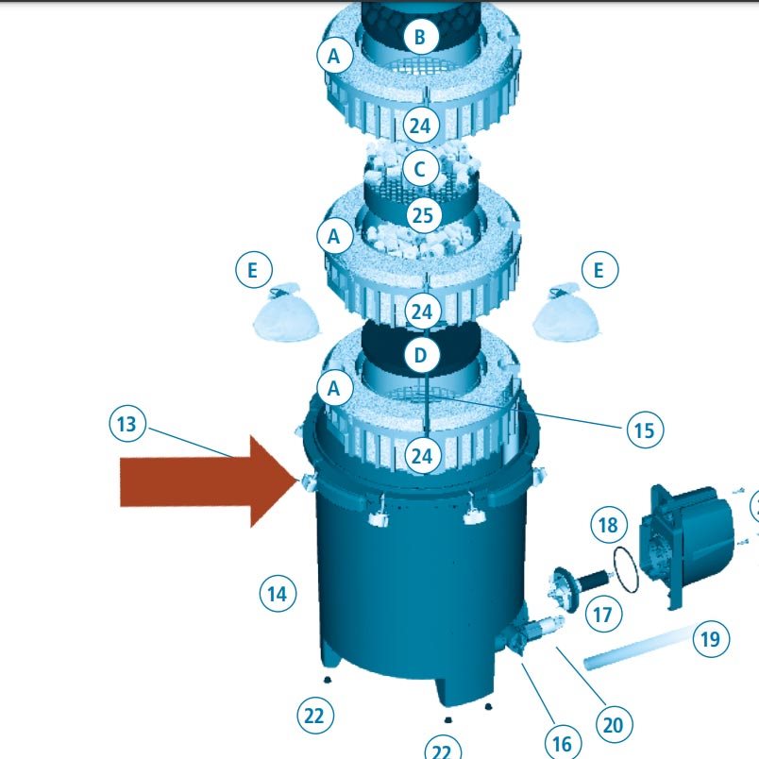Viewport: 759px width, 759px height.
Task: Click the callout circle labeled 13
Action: coord(127,424)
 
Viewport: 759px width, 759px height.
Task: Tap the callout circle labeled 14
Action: coord(278,594)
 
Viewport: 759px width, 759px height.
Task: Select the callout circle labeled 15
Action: coord(645,430)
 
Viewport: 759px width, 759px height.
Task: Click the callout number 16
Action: coord(563,744)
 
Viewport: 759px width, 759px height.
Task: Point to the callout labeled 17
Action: coord(603,615)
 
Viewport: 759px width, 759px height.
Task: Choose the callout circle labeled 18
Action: coord(609,525)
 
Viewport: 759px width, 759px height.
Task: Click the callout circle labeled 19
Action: coord(711,639)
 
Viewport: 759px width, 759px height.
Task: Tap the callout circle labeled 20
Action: coord(614,725)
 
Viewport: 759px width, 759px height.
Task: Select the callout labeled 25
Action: coord(424,215)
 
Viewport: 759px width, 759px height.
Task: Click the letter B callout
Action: coord(420,36)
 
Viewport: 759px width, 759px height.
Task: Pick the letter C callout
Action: coord(420,169)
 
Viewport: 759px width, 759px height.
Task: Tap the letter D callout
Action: coord(421,355)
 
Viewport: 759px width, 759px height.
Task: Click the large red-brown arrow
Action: coord(208,481)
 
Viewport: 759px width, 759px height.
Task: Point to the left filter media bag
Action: coord(287,313)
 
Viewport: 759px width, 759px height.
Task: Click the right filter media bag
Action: coord(565,312)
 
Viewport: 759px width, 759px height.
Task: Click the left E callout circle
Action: coord(254,270)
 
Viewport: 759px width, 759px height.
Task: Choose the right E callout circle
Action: coord(599,270)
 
